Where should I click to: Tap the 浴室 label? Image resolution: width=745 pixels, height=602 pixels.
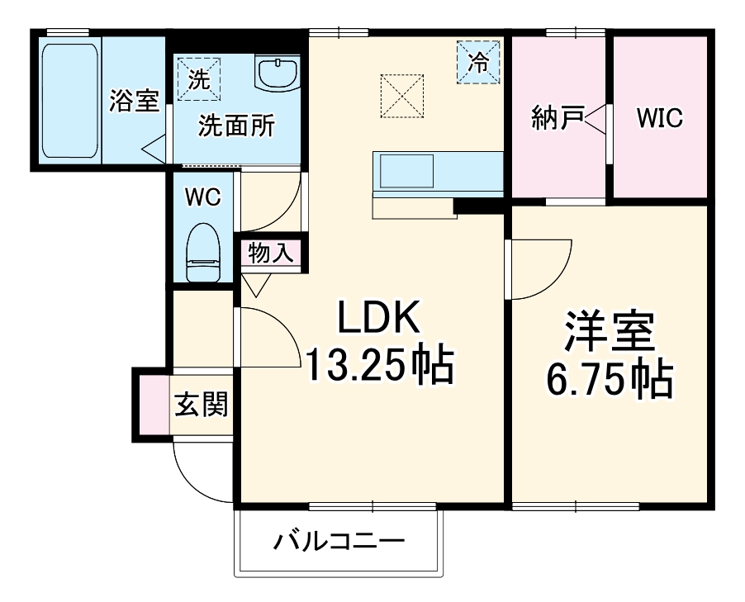pyautogui.click(x=134, y=101)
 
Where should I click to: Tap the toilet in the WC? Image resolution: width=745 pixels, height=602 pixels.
pyautogui.click(x=203, y=253)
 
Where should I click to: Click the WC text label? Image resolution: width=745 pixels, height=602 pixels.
pyautogui.click(x=202, y=197)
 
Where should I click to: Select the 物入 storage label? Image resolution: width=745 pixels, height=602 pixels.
pyautogui.click(x=271, y=254)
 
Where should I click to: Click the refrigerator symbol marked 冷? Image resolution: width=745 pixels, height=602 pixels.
pyautogui.click(x=479, y=61)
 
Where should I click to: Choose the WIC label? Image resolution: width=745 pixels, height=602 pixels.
pyautogui.click(x=659, y=118)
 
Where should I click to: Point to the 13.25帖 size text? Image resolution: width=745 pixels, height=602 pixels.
pyautogui.click(x=380, y=364)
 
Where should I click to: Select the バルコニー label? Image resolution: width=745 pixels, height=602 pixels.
pyautogui.click(x=340, y=543)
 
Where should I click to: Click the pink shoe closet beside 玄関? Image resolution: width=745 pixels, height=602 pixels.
pyautogui.click(x=154, y=405)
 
